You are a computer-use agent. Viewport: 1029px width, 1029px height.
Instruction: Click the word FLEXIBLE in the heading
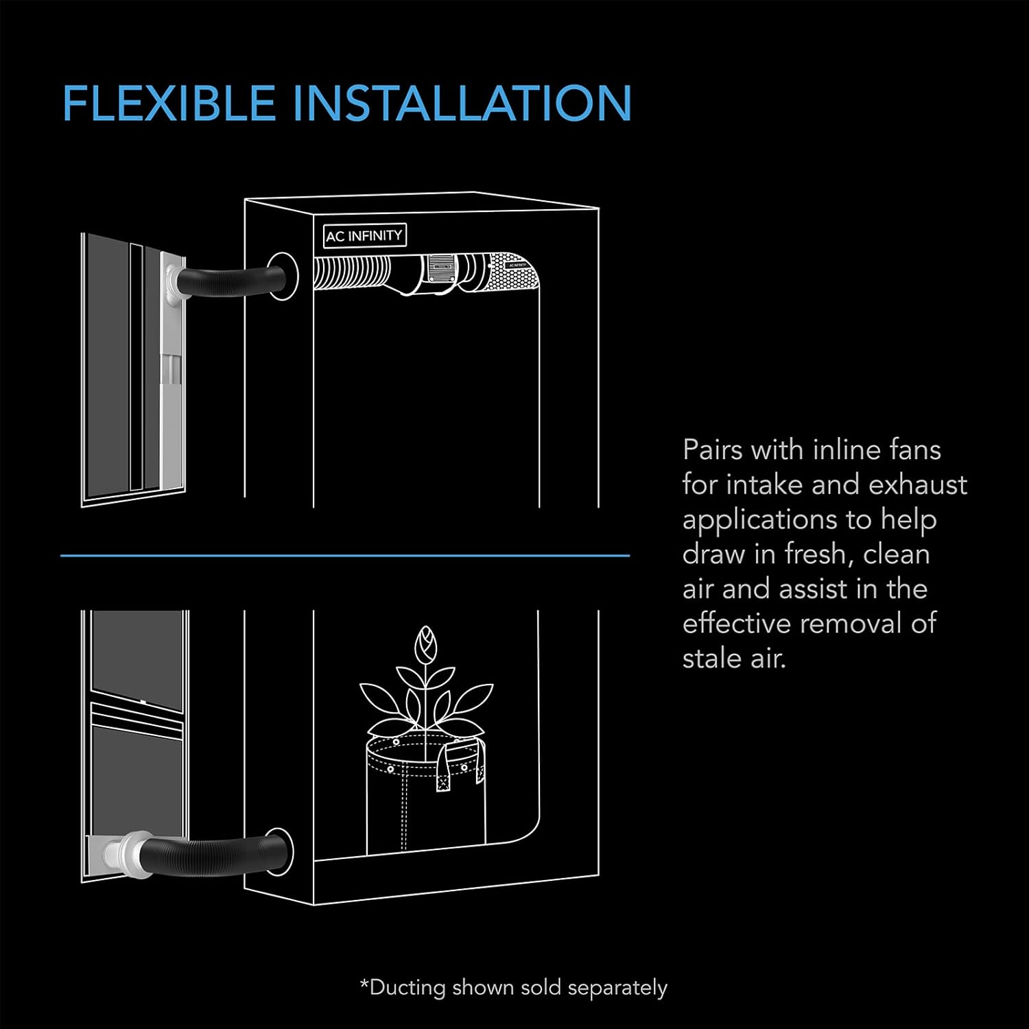point(168,103)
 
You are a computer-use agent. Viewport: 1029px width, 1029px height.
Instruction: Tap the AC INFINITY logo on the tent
point(364,235)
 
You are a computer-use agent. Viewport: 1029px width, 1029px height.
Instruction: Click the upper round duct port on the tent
point(282,276)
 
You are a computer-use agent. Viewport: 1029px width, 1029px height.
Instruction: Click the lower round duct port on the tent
point(281,851)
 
